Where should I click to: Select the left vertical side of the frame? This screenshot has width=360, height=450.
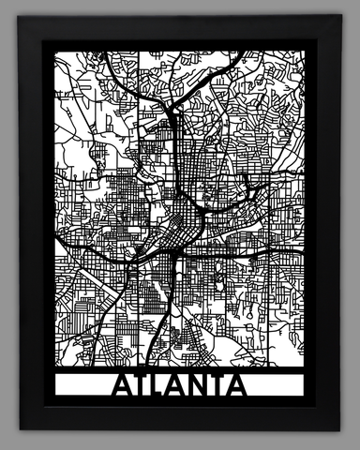click(34, 225)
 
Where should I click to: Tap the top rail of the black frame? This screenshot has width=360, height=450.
click(180, 30)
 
